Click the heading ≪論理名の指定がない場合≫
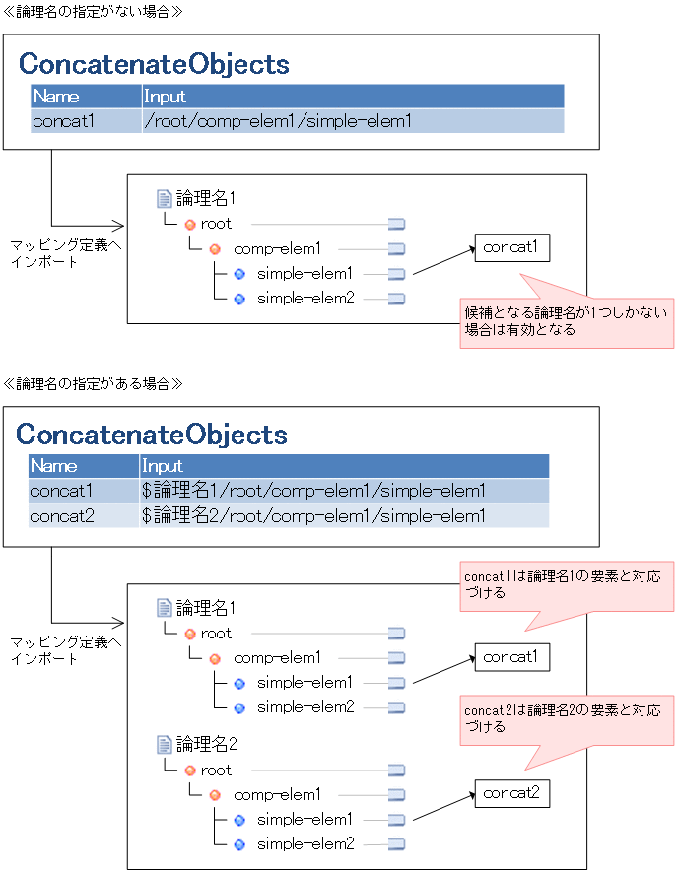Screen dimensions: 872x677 [94, 11]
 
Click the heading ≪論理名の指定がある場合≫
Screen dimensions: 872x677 [94, 381]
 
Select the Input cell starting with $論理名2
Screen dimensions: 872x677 [313, 515]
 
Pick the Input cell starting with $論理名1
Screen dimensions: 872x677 [313, 491]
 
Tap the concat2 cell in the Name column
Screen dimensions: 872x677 [61, 515]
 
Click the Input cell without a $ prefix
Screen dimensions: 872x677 [278, 121]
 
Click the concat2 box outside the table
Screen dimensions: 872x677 [510, 793]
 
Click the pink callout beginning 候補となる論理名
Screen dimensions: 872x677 [567, 321]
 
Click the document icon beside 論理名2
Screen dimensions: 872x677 [165, 745]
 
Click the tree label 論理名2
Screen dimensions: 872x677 [206, 745]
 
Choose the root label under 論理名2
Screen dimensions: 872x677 [216, 771]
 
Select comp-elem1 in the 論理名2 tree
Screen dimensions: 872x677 [277, 794]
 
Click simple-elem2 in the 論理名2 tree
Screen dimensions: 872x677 [305, 843]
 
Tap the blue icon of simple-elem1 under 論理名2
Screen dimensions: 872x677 [238, 820]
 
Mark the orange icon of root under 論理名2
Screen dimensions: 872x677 [190, 771]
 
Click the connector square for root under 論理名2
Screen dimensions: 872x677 [396, 771]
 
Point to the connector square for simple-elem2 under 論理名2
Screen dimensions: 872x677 [396, 844]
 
